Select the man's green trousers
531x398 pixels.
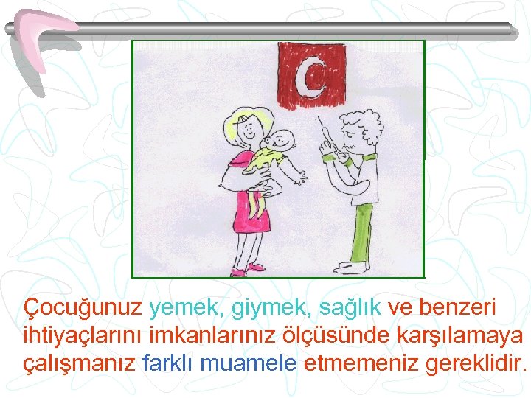click(362, 232)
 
